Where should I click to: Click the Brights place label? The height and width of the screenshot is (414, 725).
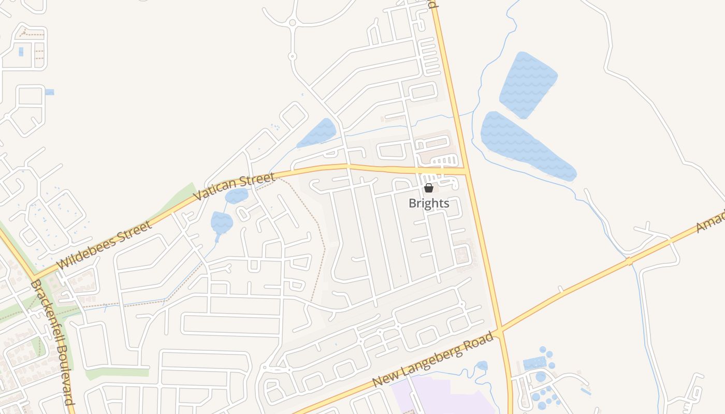tap(429, 203)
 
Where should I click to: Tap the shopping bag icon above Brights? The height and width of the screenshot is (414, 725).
tap(429, 188)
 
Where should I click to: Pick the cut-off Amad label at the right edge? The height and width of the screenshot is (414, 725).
tap(711, 221)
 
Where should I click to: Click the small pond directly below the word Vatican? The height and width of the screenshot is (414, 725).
tap(222, 223)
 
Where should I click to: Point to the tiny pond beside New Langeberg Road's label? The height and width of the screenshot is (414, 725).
tap(482, 366)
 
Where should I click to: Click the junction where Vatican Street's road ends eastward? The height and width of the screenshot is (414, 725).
tap(467, 171)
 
